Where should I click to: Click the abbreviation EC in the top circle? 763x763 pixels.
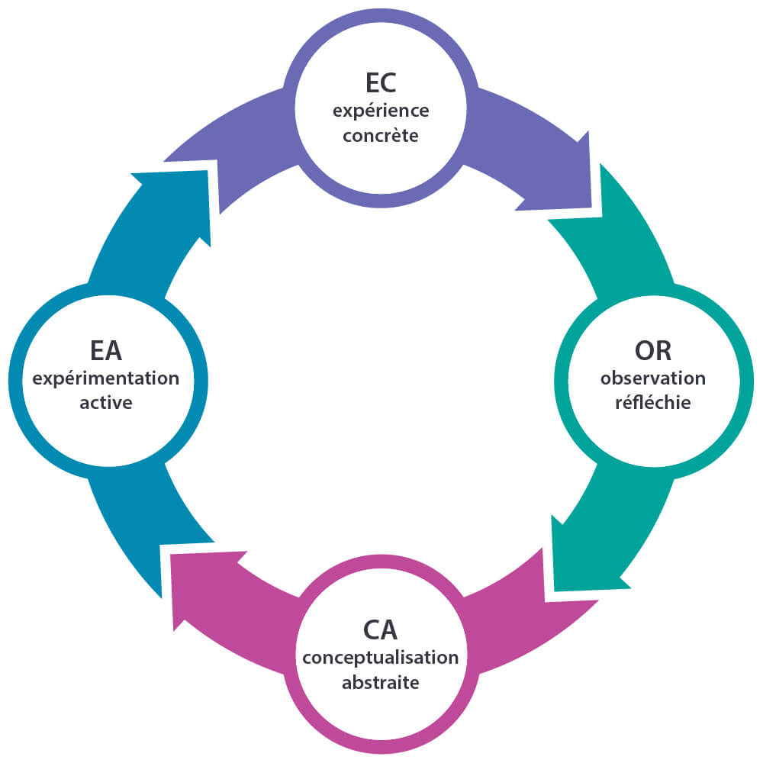click(x=381, y=82)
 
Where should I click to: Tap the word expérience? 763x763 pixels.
click(x=381, y=111)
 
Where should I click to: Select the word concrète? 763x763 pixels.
click(x=381, y=137)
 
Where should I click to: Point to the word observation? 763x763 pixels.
click(x=653, y=378)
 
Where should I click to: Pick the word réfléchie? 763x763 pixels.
click(x=653, y=403)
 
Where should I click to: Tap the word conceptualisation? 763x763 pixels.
click(x=381, y=657)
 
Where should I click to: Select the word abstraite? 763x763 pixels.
click(x=381, y=682)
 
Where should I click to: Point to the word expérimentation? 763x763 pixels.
click(x=106, y=378)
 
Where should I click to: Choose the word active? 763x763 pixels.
click(x=106, y=403)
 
